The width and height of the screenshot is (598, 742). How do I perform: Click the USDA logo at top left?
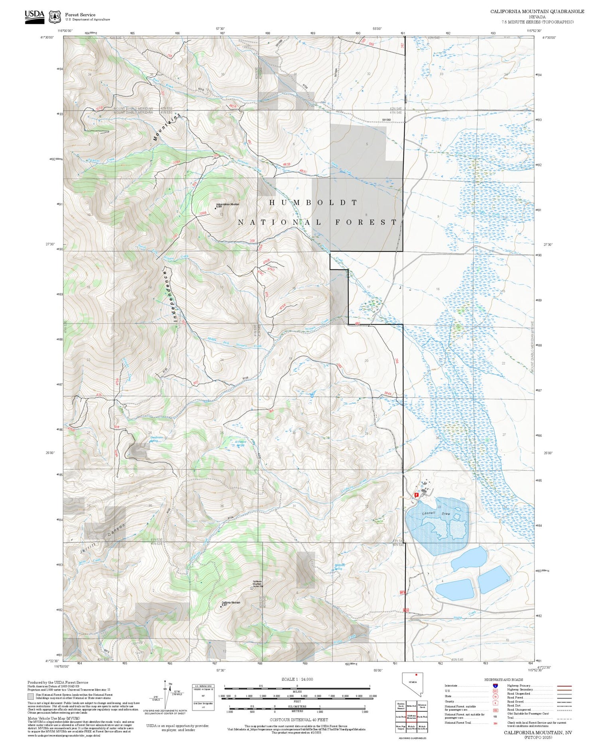[34, 17]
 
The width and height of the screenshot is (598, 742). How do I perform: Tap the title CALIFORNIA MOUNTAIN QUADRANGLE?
[537, 12]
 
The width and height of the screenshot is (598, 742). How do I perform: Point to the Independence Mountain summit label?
[227, 205]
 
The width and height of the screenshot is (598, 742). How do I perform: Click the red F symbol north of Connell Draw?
[417, 495]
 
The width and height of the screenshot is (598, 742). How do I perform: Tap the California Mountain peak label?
[230, 603]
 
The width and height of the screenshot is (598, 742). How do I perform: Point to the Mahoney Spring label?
[339, 566]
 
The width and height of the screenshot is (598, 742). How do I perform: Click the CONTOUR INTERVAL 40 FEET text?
[299, 720]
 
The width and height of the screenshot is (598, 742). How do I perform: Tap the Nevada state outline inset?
[412, 684]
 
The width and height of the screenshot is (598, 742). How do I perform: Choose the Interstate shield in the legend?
[495, 685]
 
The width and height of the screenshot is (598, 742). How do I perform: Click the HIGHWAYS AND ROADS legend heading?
[504, 679]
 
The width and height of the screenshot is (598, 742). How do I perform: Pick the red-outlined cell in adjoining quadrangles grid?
[412, 716]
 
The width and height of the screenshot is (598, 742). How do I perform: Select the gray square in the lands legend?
[30, 697]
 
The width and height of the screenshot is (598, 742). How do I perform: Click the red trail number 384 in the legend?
[495, 722]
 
